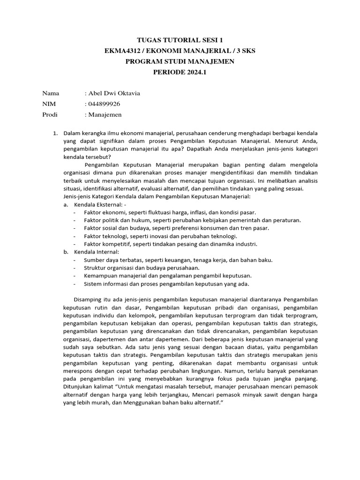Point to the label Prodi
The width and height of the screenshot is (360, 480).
pos(50,114)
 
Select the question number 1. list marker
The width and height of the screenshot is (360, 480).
pos(55,134)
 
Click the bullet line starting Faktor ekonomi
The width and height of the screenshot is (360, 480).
pos(170,212)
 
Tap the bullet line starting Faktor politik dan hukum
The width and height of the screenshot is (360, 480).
pos(192,220)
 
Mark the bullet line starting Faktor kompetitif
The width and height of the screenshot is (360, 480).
pos(171,244)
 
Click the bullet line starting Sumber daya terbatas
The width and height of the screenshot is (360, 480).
pos(178,260)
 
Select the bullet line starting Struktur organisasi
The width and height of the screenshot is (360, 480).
pos(142,268)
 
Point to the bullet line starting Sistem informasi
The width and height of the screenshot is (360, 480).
pos(166,284)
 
